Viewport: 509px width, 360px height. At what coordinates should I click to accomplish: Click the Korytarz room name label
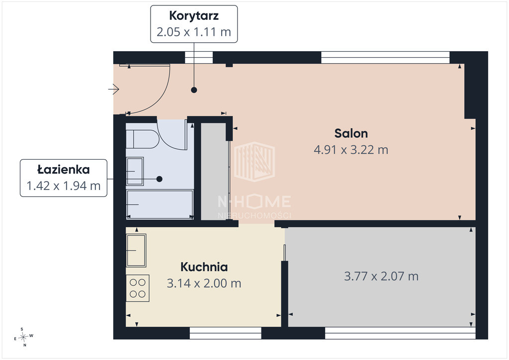point(194,15)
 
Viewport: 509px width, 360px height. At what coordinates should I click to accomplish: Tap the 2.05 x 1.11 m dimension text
point(194,32)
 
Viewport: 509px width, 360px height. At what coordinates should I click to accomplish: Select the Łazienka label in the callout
point(64,169)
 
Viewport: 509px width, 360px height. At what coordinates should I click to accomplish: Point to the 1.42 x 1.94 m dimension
point(64,185)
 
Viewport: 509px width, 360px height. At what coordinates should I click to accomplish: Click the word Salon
point(351,133)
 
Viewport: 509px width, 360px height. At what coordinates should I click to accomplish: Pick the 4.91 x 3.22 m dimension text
point(351,150)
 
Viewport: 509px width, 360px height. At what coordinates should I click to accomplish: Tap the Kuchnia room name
point(204,267)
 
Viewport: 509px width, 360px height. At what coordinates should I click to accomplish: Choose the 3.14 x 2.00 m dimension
point(204,283)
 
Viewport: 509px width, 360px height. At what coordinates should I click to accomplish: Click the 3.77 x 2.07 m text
point(381,276)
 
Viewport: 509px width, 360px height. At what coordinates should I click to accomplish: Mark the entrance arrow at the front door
point(114,89)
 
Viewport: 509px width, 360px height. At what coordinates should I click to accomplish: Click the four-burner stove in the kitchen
point(138,288)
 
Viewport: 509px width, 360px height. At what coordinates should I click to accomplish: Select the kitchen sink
point(136,250)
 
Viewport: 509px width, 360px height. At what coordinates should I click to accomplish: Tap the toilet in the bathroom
point(142,139)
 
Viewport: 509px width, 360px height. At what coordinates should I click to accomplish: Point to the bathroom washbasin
point(135,172)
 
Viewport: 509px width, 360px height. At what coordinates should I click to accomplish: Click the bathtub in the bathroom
point(160,204)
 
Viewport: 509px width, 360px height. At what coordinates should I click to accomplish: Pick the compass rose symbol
point(23,337)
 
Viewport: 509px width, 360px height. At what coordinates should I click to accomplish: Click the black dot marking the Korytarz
point(194,90)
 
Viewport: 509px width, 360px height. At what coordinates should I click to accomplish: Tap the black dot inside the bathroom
point(159,179)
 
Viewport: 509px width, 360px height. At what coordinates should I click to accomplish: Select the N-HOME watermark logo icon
point(254,161)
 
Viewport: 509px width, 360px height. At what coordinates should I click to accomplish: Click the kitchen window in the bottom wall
point(225,333)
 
